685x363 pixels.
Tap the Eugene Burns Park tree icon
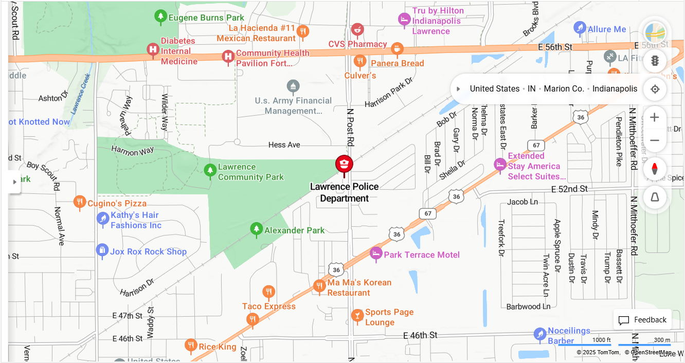[x=161, y=17]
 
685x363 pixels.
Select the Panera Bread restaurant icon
[x=360, y=62]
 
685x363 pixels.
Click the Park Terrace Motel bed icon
[x=376, y=253]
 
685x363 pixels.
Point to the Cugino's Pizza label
[x=117, y=204]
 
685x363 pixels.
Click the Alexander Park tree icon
[x=256, y=229]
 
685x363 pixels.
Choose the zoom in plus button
[x=654, y=117]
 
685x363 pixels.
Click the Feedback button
[x=642, y=320]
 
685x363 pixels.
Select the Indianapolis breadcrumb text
[x=615, y=89]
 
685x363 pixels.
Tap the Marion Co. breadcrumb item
[x=564, y=89]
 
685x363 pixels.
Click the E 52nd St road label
[x=569, y=189]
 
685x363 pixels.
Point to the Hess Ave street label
[x=284, y=145]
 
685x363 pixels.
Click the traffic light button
[x=654, y=61]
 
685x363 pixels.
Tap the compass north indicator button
[x=654, y=169]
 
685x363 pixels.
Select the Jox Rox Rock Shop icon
[x=102, y=251]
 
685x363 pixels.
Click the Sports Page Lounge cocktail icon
[x=357, y=315]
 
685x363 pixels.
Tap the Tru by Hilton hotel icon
[x=404, y=20]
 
